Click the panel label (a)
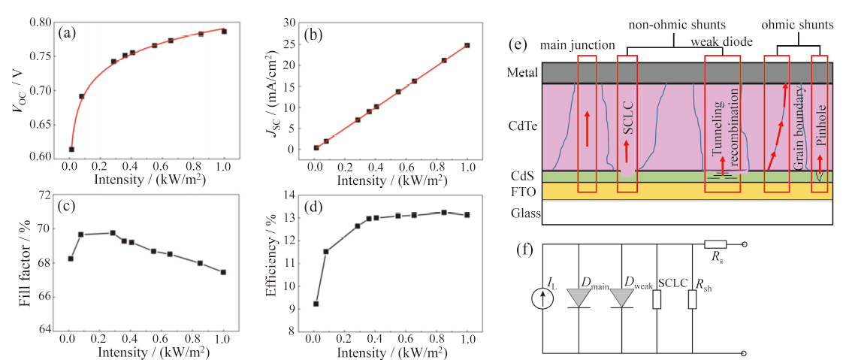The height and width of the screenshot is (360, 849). coord(67,34)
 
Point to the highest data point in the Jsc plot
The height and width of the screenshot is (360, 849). coord(467,46)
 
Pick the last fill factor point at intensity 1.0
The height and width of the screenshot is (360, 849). coord(223,272)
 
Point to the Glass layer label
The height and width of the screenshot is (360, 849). coord(526,213)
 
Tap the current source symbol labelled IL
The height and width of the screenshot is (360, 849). coord(544,299)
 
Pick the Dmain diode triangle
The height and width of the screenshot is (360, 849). coord(579,298)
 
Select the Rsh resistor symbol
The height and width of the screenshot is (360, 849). coord(692,299)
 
